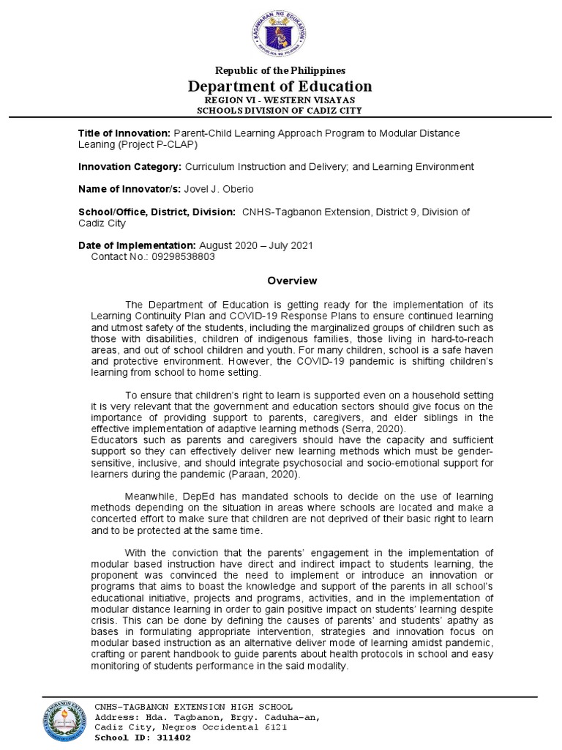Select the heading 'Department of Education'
point(281,86)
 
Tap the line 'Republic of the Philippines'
point(280,70)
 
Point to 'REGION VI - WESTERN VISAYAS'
point(280,100)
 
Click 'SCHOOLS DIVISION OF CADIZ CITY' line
point(280,111)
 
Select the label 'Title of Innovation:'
point(124,133)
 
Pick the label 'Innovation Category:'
point(130,167)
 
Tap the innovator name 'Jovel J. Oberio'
point(220,190)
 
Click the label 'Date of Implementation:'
point(137,245)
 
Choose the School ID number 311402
point(168,738)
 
